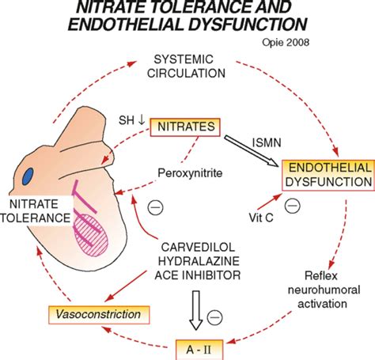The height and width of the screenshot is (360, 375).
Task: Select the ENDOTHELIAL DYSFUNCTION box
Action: coord(328,175)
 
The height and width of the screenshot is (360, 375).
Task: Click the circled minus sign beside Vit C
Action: coord(292,207)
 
